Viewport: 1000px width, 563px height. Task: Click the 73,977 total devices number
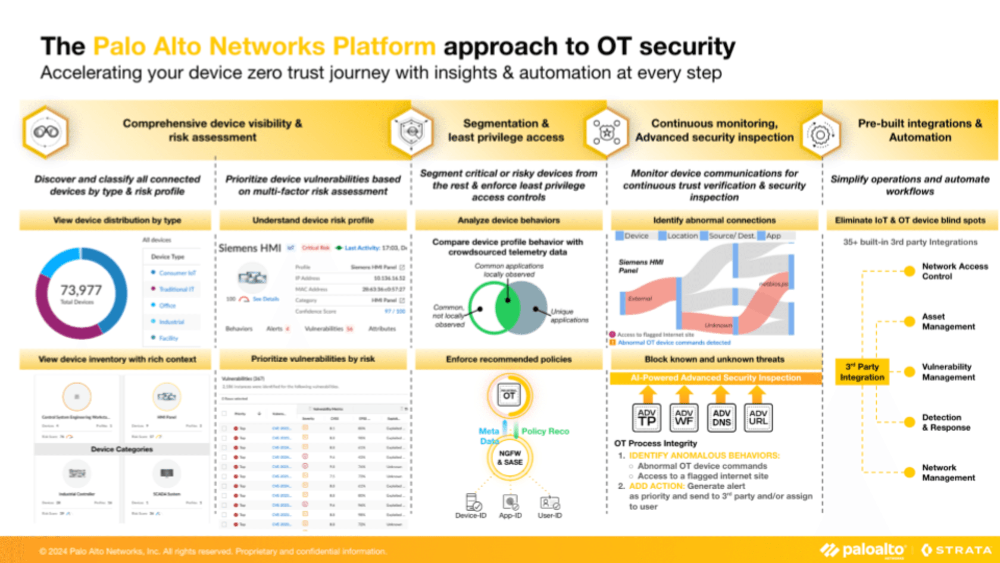(x=81, y=290)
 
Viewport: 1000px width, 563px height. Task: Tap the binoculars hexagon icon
(x=46, y=132)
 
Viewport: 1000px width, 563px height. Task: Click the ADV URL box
(x=758, y=418)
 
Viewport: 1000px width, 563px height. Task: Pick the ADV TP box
(x=647, y=418)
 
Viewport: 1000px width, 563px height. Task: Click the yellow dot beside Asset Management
(x=909, y=321)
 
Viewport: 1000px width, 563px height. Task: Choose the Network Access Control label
(x=955, y=271)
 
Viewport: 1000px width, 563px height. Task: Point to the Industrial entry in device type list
(x=171, y=322)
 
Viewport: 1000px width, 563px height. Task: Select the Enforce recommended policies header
(x=509, y=359)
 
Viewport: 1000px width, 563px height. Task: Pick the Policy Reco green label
(x=545, y=431)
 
